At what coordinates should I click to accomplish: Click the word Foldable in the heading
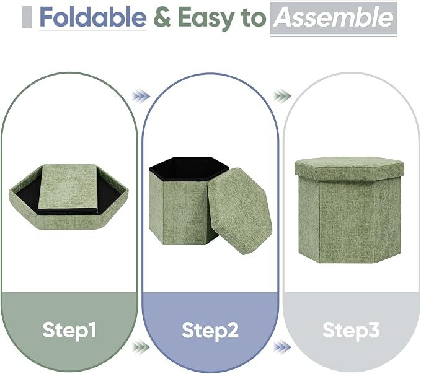pyautogui.click(x=93, y=17)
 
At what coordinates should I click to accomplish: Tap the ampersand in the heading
pyautogui.click(x=162, y=17)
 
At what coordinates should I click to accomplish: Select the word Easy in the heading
pyautogui.click(x=206, y=19)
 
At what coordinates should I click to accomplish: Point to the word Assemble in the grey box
pyautogui.click(x=334, y=17)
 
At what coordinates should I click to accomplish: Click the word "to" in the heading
pyautogui.click(x=253, y=18)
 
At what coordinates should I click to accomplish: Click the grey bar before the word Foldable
pyautogui.click(x=27, y=17)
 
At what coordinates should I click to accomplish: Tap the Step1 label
pyautogui.click(x=69, y=330)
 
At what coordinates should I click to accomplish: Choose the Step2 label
pyautogui.click(x=210, y=330)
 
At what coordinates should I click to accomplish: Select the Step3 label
pyautogui.click(x=351, y=330)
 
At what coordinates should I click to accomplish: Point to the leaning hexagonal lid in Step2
pyautogui.click(x=240, y=211)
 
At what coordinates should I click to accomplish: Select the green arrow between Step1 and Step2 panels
pyautogui.click(x=141, y=347)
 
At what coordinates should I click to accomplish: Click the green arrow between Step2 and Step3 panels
pyautogui.click(x=283, y=96)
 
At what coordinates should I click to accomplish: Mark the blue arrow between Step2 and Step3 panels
pyautogui.click(x=282, y=347)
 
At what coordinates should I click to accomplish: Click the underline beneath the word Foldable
pyautogui.click(x=93, y=29)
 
